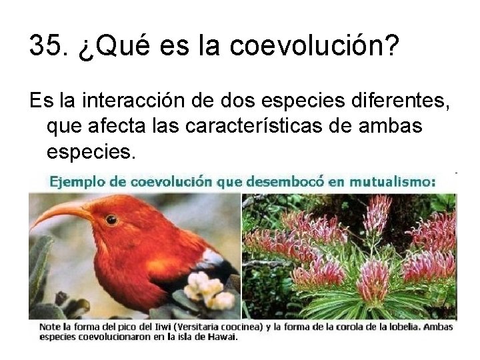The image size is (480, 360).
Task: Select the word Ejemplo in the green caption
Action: tap(73, 181)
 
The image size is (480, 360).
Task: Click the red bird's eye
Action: tap(111, 219)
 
